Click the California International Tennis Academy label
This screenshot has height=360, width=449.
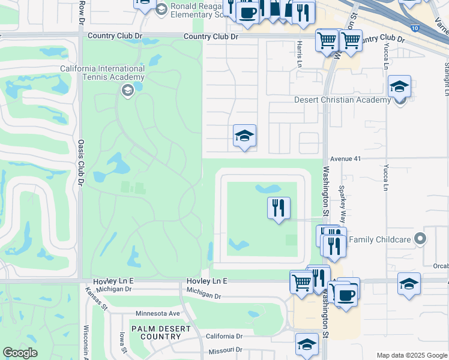pos(102,73)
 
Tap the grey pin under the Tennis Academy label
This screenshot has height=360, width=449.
pos(127,90)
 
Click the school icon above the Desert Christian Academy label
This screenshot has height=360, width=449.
pos(399,86)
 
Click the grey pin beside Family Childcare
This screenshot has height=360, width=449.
pos(420,239)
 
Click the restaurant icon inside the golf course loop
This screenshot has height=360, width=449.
pos(279,208)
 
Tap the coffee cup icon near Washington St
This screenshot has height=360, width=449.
pos(346,295)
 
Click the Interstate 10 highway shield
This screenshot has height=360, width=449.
pos(415,28)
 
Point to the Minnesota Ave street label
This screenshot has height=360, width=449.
pos(158,313)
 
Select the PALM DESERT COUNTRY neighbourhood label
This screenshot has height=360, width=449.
pos(156,332)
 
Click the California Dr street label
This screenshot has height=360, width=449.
pos(224,337)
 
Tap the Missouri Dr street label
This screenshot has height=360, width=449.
pos(225,350)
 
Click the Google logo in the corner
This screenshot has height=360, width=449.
pos(20,353)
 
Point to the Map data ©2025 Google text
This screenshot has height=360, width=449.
pos(411,355)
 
